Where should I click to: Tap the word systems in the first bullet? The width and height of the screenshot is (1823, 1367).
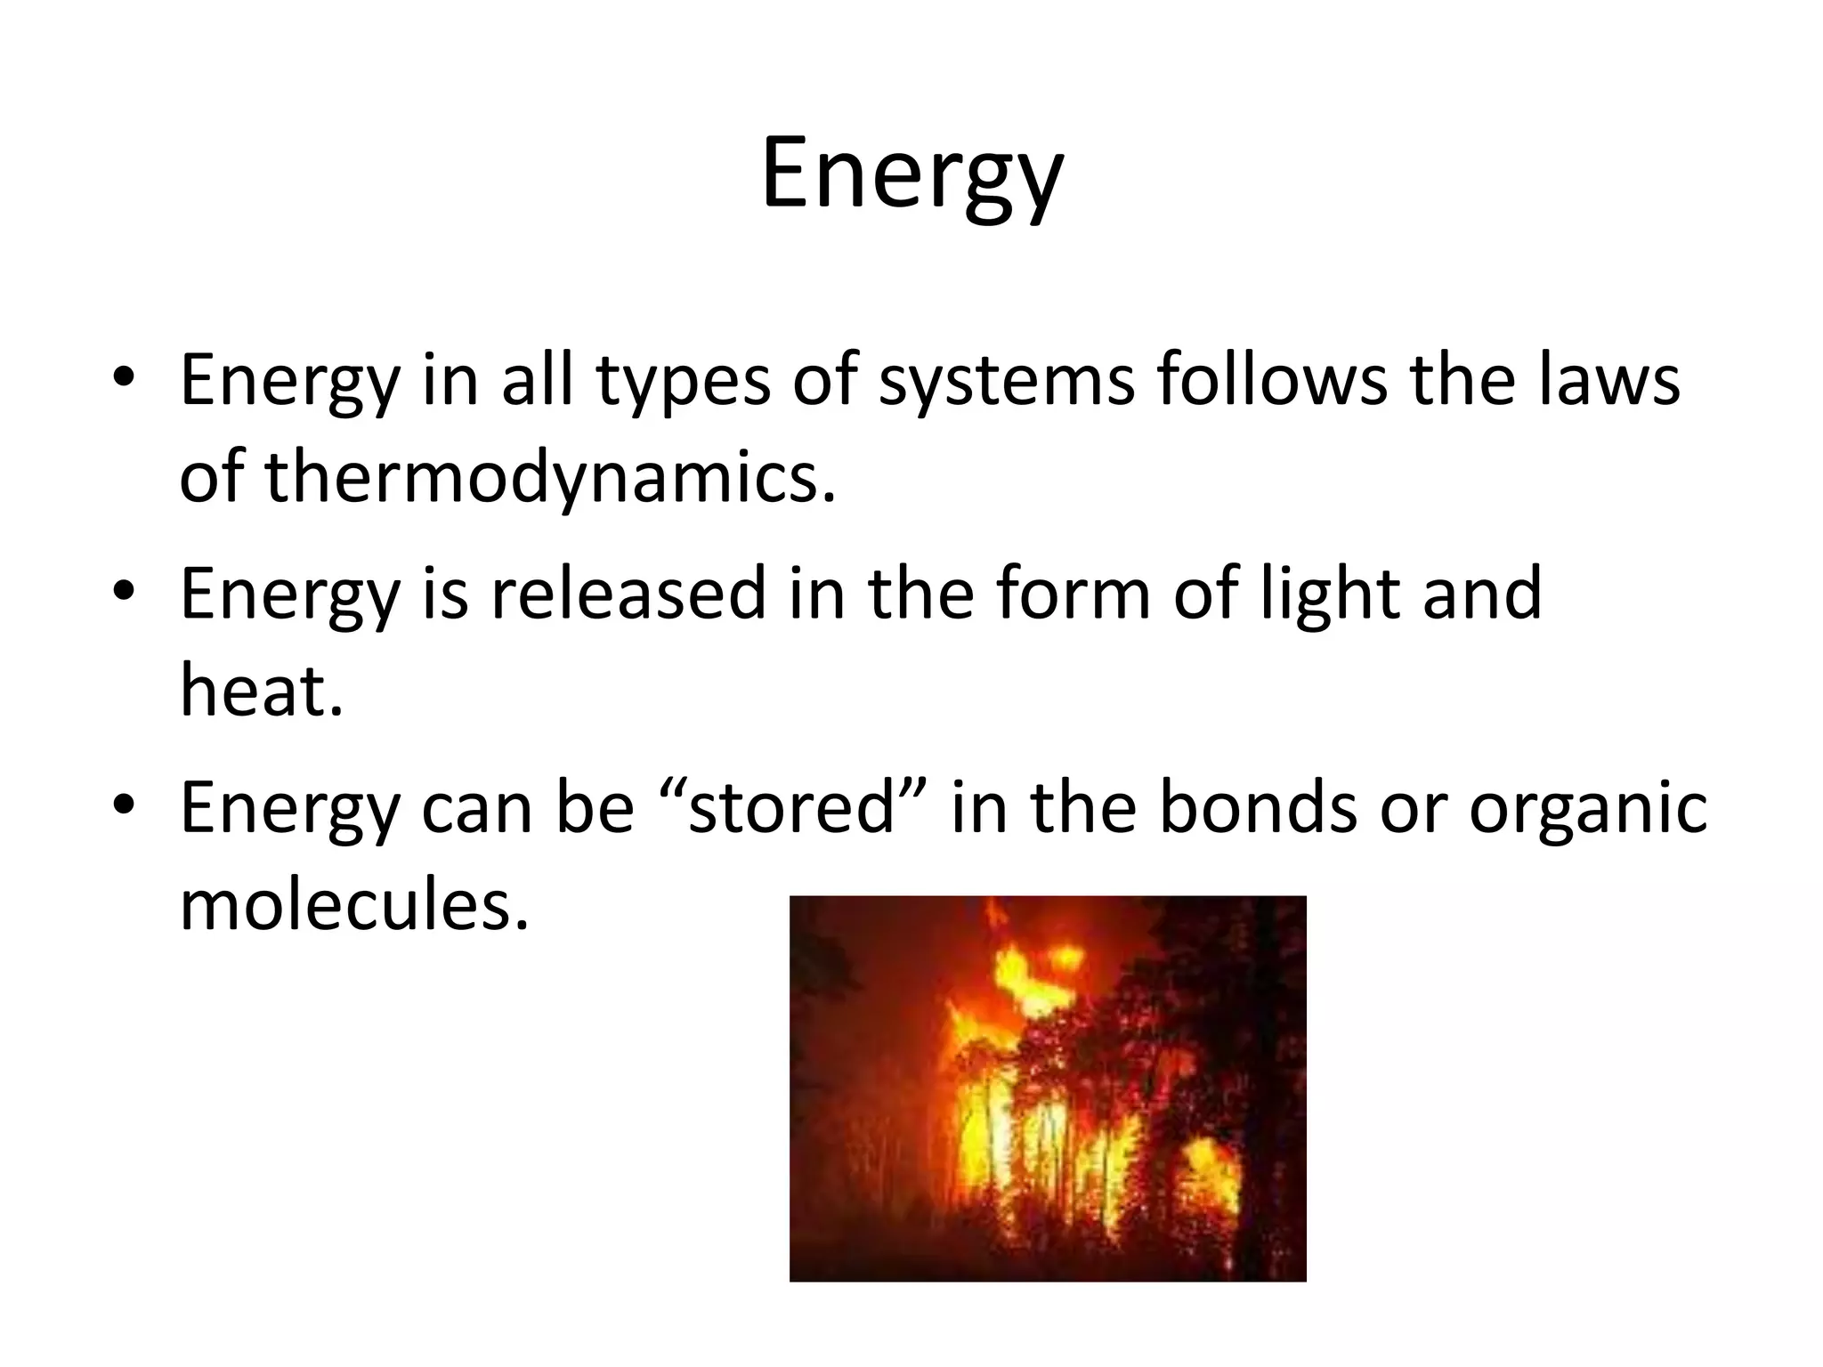tap(1007, 381)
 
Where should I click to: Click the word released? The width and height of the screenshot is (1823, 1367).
tap(628, 594)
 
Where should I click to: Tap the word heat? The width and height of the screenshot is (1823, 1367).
tap(260, 691)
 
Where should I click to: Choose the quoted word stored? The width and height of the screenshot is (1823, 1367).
tap(791, 808)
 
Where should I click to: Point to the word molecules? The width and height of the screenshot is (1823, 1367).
tap(353, 905)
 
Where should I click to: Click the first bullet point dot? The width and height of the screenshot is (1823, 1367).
tap(124, 376)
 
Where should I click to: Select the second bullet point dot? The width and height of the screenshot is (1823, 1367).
tap(124, 590)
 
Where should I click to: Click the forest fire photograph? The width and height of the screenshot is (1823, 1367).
tap(1048, 1088)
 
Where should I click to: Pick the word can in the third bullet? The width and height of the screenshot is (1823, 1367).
tap(476, 808)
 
